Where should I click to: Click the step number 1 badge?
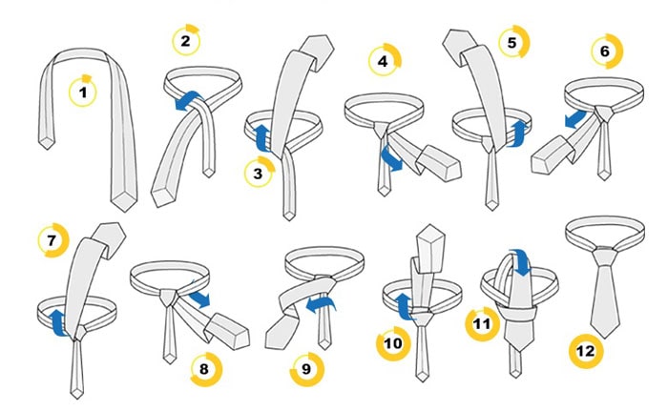83,92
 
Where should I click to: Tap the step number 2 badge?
186,41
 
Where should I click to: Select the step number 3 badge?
259,173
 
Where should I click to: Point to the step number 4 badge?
384,60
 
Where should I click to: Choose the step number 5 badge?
513,42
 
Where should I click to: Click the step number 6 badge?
606,51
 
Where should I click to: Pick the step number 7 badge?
52,240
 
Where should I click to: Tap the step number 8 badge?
205,369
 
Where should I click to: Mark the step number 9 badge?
306,369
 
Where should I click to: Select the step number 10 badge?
393,343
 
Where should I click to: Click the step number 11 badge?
482,323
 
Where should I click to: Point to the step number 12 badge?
586,351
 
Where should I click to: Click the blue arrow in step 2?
190,101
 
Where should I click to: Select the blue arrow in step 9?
321,304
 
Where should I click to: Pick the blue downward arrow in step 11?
521,262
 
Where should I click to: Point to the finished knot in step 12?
605,256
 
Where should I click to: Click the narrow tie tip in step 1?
47,143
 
